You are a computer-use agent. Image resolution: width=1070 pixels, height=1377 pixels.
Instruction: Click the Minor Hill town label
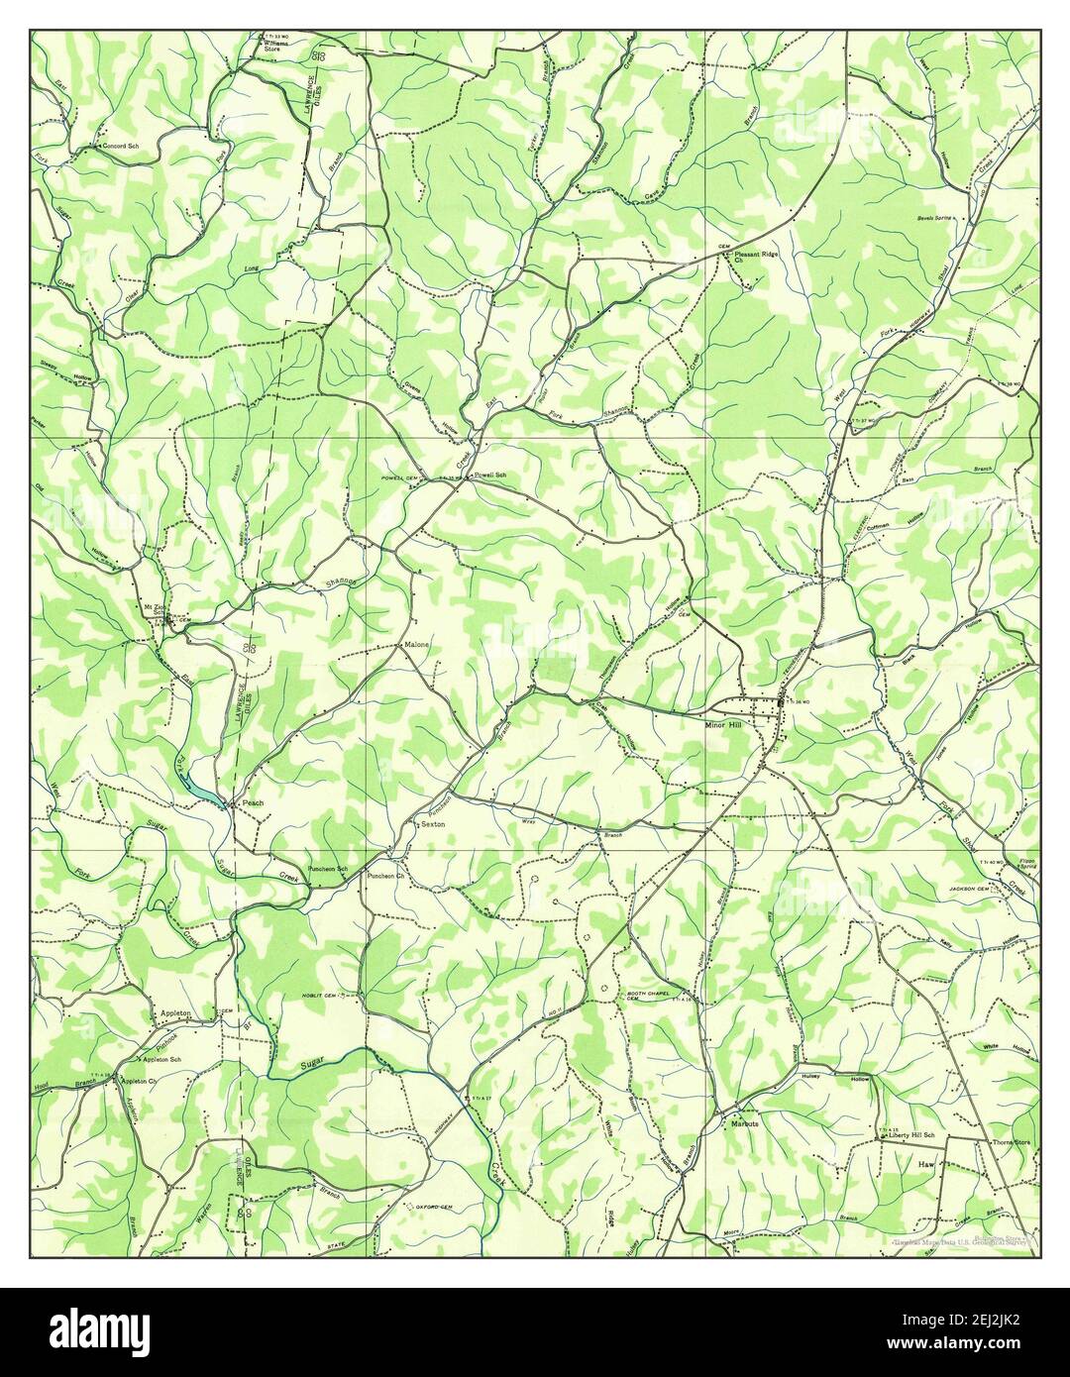pyautogui.click(x=722, y=723)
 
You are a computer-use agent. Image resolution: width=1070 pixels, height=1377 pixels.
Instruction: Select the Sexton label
pyautogui.click(x=433, y=824)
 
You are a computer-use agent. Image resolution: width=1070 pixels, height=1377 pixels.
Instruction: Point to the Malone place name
pyautogui.click(x=416, y=645)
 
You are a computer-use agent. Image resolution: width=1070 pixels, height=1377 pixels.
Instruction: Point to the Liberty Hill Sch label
pyautogui.click(x=911, y=1134)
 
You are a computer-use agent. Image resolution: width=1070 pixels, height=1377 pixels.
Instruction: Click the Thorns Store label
pyautogui.click(x=1011, y=1142)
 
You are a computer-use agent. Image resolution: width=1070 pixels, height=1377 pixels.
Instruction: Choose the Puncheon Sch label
pyautogui.click(x=328, y=869)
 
